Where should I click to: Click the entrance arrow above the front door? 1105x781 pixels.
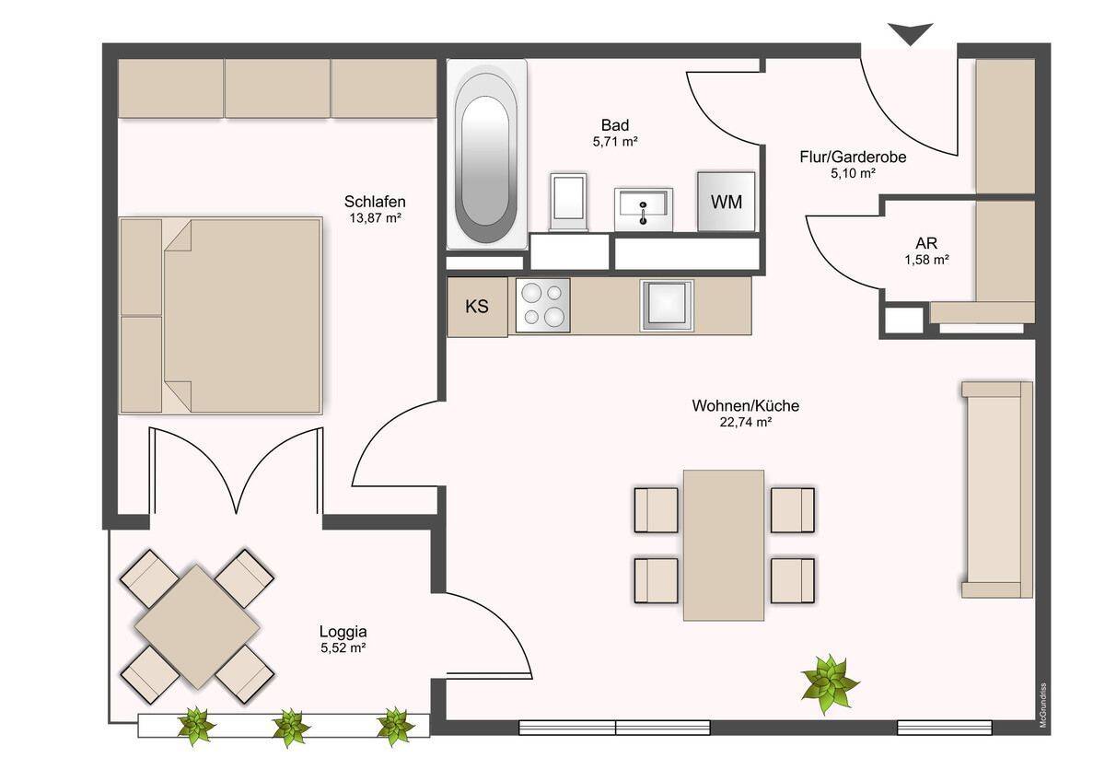click(x=910, y=33)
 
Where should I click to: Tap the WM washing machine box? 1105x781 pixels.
click(x=726, y=202)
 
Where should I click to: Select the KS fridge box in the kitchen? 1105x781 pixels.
click(x=477, y=307)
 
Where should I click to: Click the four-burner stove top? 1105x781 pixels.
click(x=542, y=305)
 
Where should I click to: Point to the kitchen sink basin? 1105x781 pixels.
click(x=667, y=305)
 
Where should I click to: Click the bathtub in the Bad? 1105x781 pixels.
click(x=486, y=154)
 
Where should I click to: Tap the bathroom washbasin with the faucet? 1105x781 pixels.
click(x=644, y=209)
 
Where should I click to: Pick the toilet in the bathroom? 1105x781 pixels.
click(x=569, y=202)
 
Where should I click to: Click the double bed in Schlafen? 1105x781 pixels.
click(x=221, y=315)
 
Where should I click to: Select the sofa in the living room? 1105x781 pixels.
click(x=997, y=489)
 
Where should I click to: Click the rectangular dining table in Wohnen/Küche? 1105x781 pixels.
click(x=724, y=545)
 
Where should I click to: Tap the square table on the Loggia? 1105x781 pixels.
click(x=197, y=626)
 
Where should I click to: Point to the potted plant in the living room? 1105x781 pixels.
click(x=830, y=683)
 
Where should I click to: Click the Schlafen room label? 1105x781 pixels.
click(x=375, y=202)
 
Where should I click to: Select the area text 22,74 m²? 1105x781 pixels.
click(x=745, y=423)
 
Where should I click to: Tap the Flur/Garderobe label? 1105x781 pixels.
click(x=853, y=157)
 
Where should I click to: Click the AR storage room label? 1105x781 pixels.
click(x=926, y=243)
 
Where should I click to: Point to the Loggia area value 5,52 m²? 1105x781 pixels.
click(x=343, y=647)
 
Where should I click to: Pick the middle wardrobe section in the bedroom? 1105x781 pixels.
click(x=277, y=88)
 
